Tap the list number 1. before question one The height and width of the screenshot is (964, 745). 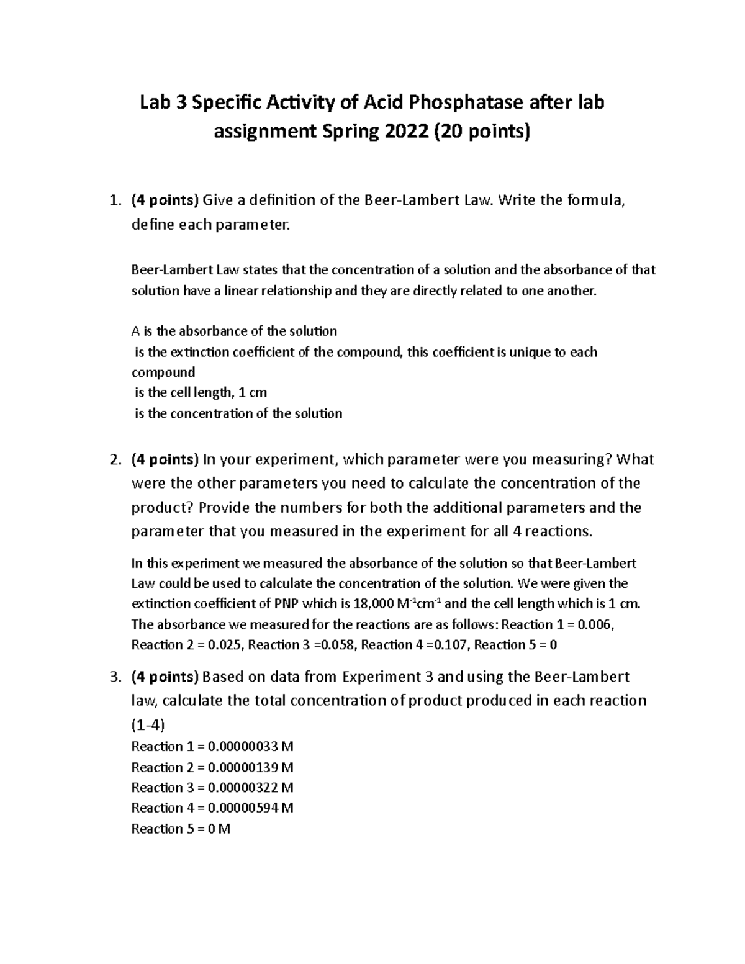pyautogui.click(x=114, y=200)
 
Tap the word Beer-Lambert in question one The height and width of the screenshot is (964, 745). pyautogui.click(x=402, y=200)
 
